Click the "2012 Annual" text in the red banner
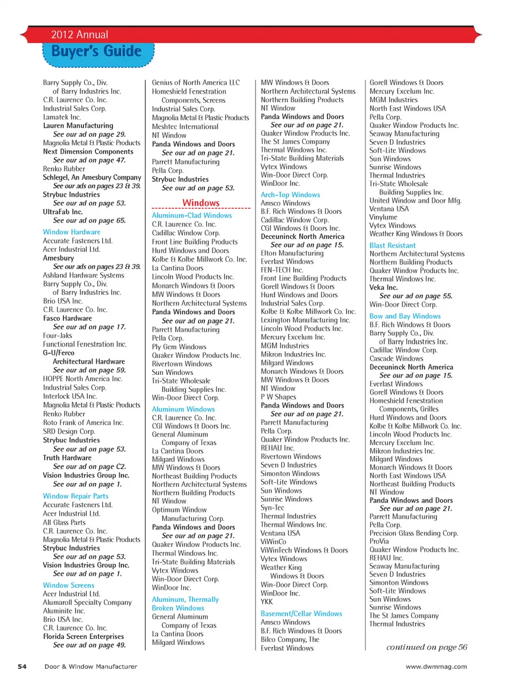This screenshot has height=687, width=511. pos(80,35)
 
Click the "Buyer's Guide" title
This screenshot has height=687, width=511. pos(97,52)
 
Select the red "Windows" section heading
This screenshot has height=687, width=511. pos(201,203)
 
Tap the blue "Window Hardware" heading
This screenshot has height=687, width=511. pos(71,232)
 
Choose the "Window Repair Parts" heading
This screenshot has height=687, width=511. pos(76,496)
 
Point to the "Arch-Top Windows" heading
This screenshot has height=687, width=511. pos(290,195)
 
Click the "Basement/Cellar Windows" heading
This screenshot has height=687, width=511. pos(301,614)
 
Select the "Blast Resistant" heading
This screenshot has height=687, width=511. pos(392,246)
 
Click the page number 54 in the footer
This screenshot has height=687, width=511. pos(22,666)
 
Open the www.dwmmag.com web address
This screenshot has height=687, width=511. pos(436,666)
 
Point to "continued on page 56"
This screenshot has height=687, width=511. pos(426,647)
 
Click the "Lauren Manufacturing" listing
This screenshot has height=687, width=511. pos(78,126)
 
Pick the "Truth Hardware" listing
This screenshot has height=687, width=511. pos(67,457)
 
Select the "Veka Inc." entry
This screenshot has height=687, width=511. pos(383,287)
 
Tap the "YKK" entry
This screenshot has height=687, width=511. pos(267,601)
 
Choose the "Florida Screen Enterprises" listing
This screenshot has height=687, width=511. pos(83,636)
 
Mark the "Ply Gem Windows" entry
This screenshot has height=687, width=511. pos(179,347)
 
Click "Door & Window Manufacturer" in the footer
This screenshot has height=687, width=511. pos(90,666)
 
